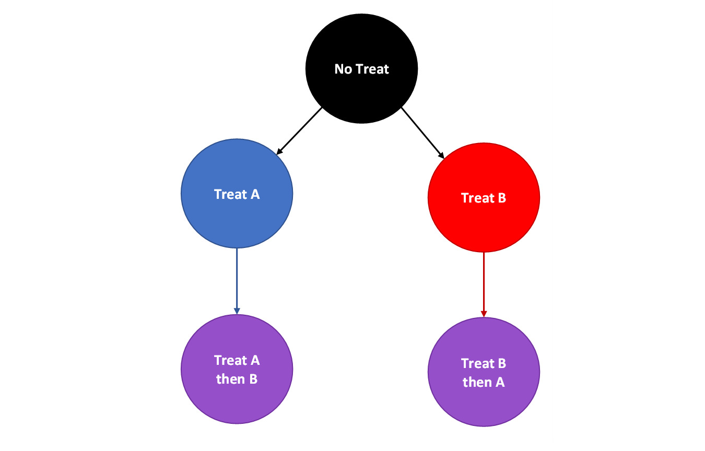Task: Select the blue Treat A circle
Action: point(237,219)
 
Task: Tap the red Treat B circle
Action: point(484,224)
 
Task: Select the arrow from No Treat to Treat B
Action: point(422,133)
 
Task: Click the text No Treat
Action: point(361,69)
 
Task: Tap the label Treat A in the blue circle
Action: point(237,194)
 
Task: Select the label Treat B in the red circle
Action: point(484,198)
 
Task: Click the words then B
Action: point(237,379)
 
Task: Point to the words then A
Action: point(484,382)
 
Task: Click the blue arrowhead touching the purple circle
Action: point(237,311)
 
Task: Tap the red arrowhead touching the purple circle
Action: point(484,314)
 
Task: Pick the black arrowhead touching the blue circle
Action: point(279,151)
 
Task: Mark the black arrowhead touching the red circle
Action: point(441,155)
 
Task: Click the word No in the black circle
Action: point(343,69)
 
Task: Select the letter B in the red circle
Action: point(501,198)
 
